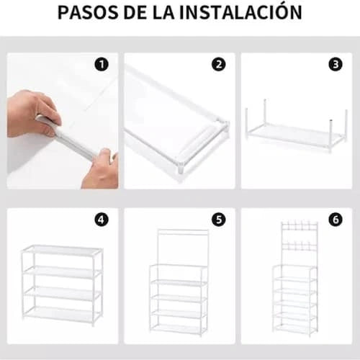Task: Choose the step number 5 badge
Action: coord(218,220)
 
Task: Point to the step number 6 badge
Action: coord(335,220)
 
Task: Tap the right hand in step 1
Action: coord(102,169)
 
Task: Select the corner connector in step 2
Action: coord(219,130)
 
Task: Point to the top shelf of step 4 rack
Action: coord(62,251)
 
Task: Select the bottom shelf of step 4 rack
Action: coord(62,315)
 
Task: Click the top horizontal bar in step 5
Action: coord(182,232)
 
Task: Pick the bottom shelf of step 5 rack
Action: coord(179,328)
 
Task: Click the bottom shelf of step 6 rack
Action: coord(294,328)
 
